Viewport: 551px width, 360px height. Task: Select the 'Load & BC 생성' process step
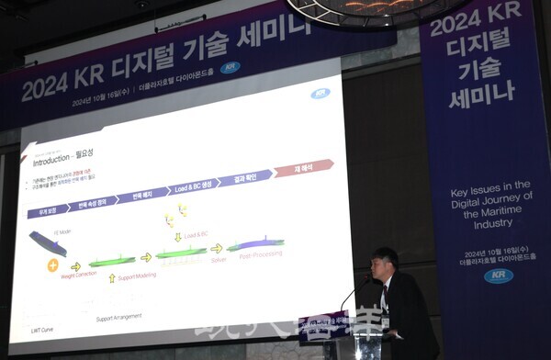[194, 187]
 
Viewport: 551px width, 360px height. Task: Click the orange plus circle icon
[52, 265]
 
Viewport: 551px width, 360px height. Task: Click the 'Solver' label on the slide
[218, 261]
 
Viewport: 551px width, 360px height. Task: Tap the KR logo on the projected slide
[320, 94]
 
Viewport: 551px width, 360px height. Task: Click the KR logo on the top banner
[230, 67]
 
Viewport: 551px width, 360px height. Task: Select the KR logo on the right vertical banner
[499, 276]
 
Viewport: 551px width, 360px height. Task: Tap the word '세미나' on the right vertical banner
[480, 95]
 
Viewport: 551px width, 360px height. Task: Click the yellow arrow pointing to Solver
[216, 248]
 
